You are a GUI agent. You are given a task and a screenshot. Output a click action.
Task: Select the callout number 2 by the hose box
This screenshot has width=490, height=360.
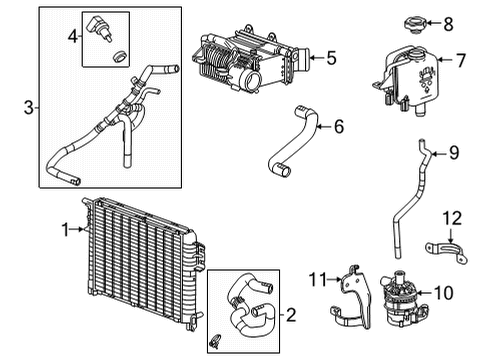tap(291, 316)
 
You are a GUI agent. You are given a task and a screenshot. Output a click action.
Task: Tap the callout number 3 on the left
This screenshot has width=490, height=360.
tap(27, 105)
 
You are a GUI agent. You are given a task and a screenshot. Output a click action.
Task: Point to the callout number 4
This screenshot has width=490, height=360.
tap(72, 38)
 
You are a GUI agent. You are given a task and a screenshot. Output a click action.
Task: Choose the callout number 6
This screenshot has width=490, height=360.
tap(338, 126)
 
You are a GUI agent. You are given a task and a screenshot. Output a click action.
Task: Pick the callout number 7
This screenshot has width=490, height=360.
tap(461, 60)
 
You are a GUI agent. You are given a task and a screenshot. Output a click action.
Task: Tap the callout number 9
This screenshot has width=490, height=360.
tap(453, 153)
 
